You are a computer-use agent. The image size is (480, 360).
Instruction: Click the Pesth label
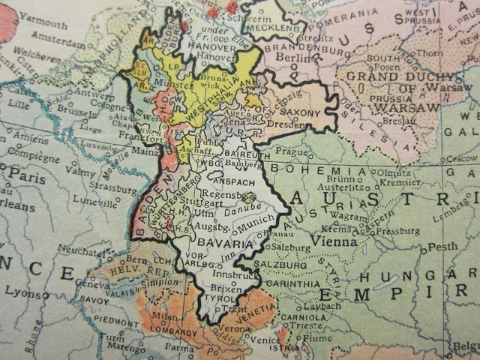pyautogui.click(x=442, y=246)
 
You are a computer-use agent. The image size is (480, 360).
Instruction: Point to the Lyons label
pyautogui.click(x=22, y=294)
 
